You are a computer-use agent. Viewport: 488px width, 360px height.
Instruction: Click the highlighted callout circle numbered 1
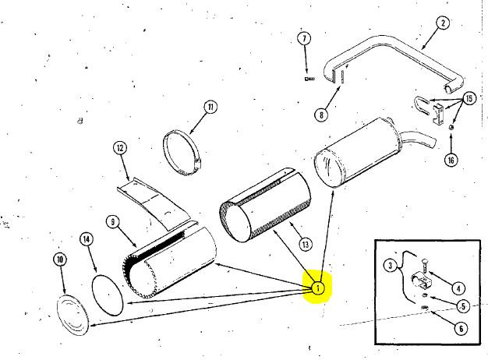tap(318, 288)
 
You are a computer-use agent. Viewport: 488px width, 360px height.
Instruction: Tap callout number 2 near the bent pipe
tap(443, 23)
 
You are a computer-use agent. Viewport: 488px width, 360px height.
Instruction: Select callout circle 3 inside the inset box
tap(391, 266)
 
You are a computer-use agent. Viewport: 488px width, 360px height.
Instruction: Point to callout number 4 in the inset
tap(458, 289)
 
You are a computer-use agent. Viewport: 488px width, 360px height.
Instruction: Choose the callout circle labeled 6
tap(461, 328)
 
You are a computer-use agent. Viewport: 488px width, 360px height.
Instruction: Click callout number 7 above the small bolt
tap(304, 39)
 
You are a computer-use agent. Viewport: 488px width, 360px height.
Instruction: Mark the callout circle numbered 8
tap(321, 115)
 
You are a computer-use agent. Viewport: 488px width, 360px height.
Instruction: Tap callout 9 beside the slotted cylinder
tap(113, 222)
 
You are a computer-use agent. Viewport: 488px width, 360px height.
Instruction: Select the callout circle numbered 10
tap(60, 259)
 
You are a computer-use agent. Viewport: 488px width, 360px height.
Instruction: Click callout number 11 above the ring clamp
tap(210, 107)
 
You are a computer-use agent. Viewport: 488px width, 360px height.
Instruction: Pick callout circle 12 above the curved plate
tap(120, 148)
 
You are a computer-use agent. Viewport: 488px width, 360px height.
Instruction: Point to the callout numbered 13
tap(306, 244)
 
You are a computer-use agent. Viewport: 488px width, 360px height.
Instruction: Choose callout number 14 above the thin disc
tap(87, 239)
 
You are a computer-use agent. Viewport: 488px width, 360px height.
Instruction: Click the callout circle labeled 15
tap(469, 99)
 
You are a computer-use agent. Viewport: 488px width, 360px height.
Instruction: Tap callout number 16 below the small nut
tap(451, 161)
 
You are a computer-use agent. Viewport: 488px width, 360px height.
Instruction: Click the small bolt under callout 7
tap(309, 79)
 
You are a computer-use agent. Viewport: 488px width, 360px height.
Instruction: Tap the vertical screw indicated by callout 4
tap(425, 266)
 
